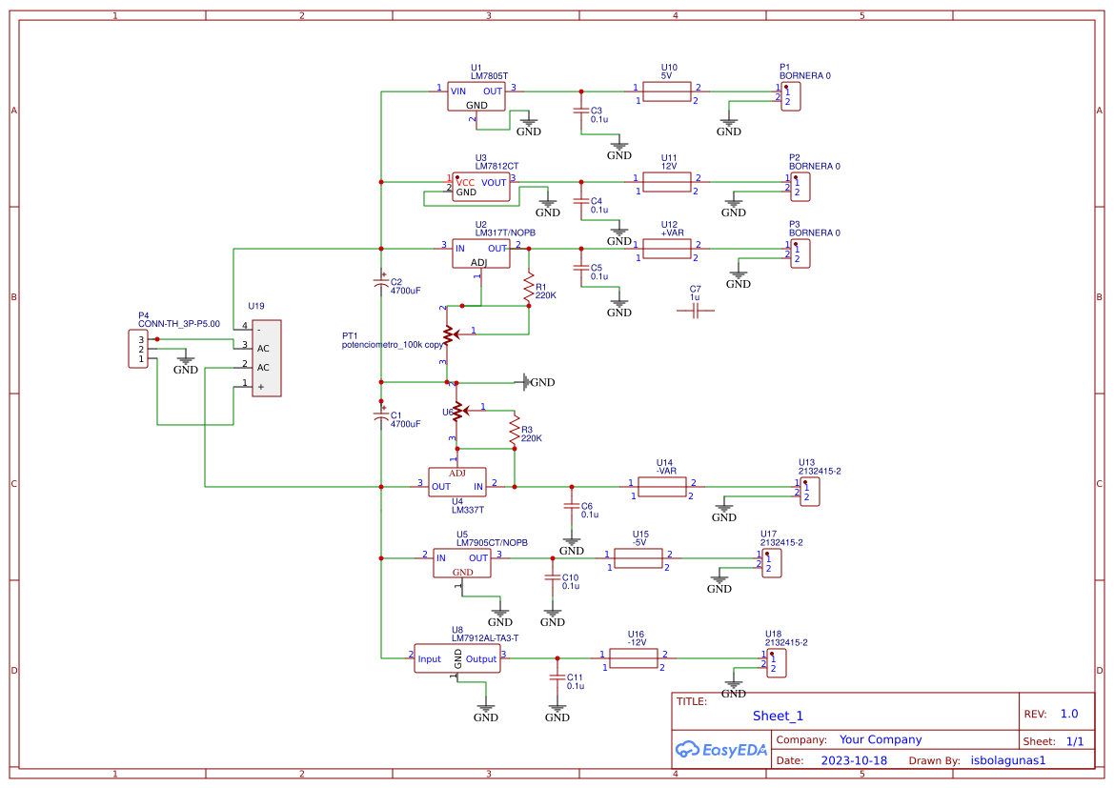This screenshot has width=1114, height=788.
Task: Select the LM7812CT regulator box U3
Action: click(480, 187)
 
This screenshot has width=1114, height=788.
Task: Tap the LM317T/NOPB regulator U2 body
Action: click(485, 254)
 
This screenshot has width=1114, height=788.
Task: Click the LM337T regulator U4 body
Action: click(456, 481)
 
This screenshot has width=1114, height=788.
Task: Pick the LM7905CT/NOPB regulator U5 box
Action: click(461, 563)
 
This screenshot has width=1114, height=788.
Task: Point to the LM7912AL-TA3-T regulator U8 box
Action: click(457, 658)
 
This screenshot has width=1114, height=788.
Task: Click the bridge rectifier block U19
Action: click(266, 358)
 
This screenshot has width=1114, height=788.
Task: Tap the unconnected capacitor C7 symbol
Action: click(695, 311)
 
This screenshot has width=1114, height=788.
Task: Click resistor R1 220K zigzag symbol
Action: click(528, 285)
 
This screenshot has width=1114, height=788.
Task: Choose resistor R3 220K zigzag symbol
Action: click(514, 430)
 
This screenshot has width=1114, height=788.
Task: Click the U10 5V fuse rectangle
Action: click(666, 91)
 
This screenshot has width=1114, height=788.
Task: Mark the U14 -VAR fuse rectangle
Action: click(662, 487)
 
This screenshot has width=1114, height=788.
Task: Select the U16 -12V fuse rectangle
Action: click(634, 658)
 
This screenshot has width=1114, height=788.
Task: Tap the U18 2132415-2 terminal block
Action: click(776, 662)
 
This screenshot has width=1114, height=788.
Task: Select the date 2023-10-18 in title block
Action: click(853, 760)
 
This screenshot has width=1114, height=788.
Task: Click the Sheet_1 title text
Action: click(778, 716)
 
